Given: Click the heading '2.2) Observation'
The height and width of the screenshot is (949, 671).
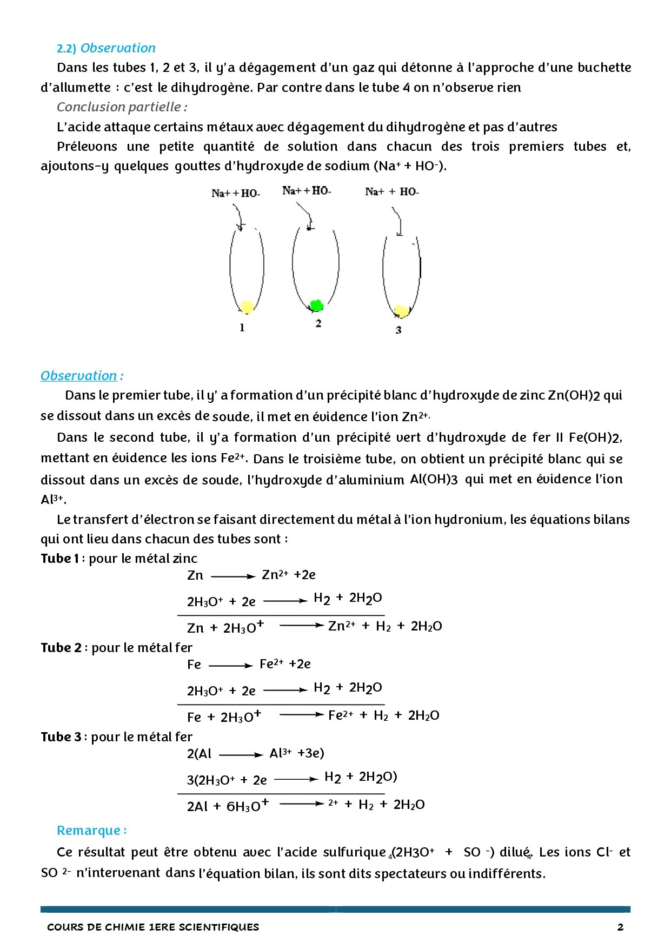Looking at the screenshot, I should pos(106,48).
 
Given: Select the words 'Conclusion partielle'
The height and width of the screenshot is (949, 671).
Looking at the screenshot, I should pos(119,107).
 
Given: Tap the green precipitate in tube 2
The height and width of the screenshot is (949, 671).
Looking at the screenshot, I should pos(316,306).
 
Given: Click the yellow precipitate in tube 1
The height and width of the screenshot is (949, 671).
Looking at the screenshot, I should pos(247,307).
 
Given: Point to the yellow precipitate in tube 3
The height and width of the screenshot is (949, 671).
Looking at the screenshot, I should pos(401,311).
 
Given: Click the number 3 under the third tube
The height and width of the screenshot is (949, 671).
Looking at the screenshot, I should pos(398,330).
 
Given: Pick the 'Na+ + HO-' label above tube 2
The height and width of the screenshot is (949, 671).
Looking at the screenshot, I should pos(307,190).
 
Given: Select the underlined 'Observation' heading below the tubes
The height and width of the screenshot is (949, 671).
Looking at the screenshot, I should pos(79,376).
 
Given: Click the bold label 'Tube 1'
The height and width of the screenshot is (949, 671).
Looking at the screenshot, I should pos(60,559).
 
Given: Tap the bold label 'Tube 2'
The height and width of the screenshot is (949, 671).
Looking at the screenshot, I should pos(61,648).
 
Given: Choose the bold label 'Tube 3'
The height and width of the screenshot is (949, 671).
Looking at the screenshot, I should pos(61,737).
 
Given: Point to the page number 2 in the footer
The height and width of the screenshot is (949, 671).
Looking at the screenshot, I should pos(620,927).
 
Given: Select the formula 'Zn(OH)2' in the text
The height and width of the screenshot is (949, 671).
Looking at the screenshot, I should pos(574,396).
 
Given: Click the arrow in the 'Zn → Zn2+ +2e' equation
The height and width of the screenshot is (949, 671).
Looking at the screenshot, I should pos(232,576).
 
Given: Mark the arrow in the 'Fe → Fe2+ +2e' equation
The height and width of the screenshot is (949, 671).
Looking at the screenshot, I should pos(230,666).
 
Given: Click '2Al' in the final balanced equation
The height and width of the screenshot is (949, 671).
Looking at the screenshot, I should pos(197,806).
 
